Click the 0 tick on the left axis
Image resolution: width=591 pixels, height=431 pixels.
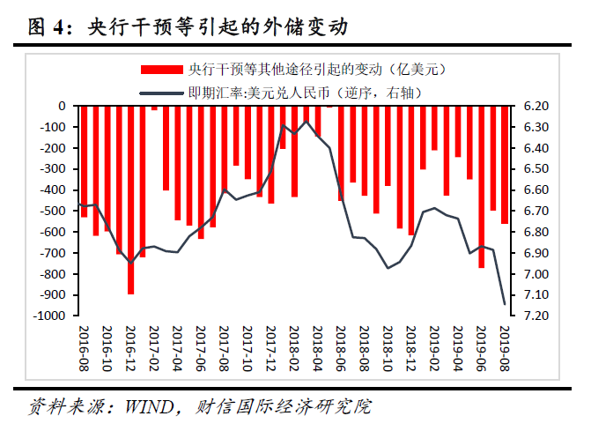point(63,107)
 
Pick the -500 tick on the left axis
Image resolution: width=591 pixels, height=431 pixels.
point(55,211)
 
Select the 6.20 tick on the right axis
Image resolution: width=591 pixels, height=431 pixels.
point(536,107)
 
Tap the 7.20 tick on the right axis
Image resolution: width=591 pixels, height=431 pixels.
point(536,316)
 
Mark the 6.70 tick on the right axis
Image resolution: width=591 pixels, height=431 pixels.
point(536,211)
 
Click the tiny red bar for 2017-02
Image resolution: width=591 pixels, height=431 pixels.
point(154,108)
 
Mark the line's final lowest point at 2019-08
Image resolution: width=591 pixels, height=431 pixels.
point(505,304)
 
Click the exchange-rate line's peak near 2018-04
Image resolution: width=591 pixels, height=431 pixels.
point(306,123)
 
